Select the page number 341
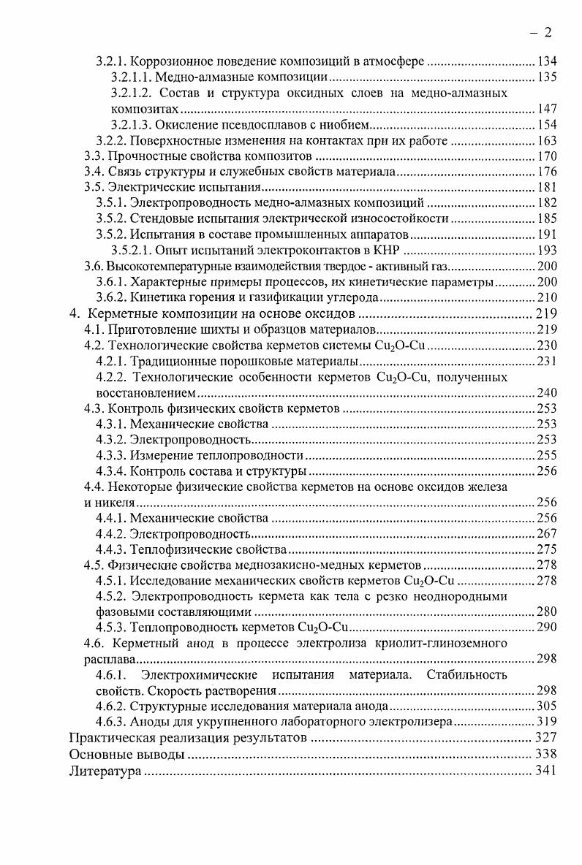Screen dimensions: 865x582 point(545,770)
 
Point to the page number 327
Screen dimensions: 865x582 point(545,738)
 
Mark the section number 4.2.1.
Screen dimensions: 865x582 point(111,361)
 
